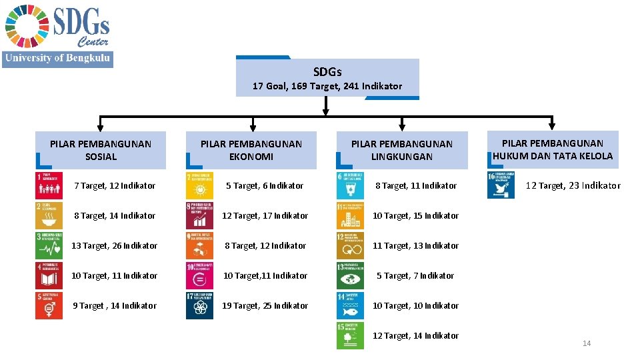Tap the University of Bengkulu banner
click(x=57, y=59)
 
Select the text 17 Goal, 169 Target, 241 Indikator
click(x=327, y=86)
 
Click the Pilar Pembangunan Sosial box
click(x=101, y=150)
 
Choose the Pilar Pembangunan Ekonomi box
click(x=251, y=150)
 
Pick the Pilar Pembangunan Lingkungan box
click(x=401, y=150)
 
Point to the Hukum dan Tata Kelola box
click(x=553, y=149)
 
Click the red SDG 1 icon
click(x=49, y=186)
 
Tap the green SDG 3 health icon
click(x=49, y=245)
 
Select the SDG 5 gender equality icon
click(x=49, y=305)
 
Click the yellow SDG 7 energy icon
click(x=199, y=186)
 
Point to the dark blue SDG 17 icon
click(x=199, y=305)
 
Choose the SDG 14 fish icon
click(x=350, y=305)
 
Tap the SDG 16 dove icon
click(x=501, y=186)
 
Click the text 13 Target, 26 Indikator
click(x=115, y=245)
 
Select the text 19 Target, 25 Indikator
click(x=265, y=305)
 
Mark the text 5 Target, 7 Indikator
click(x=415, y=275)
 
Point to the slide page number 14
click(x=587, y=343)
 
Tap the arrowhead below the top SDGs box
click(x=326, y=112)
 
